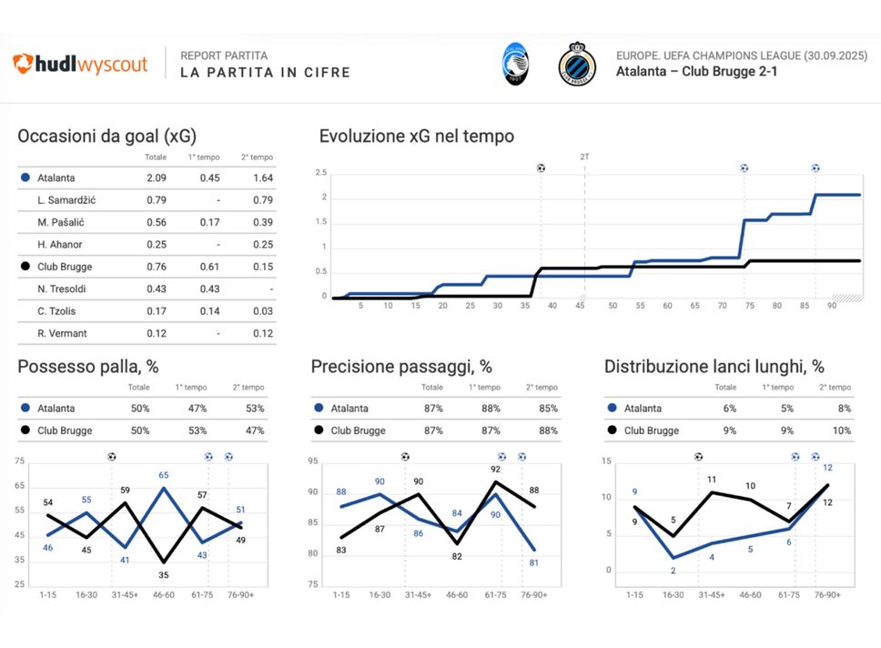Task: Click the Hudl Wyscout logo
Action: pyautogui.click(x=80, y=65)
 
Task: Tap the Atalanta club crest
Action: pyautogui.click(x=517, y=65)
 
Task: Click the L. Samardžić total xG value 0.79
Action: pyautogui.click(x=156, y=200)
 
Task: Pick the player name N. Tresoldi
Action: pyautogui.click(x=63, y=289)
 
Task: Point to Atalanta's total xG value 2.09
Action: pyautogui.click(x=156, y=178)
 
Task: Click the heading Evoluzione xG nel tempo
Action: pyautogui.click(x=417, y=137)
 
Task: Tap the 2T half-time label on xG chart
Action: pyautogui.click(x=584, y=157)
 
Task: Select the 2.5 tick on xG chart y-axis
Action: pyautogui.click(x=320, y=173)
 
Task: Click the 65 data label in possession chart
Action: pyautogui.click(x=163, y=475)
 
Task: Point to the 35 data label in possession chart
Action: pyautogui.click(x=163, y=575)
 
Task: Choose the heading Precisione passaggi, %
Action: pyautogui.click(x=401, y=367)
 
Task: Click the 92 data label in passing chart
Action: pyautogui.click(x=496, y=470)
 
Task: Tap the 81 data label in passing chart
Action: pyautogui.click(x=534, y=562)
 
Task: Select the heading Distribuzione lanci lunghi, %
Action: pyautogui.click(x=714, y=367)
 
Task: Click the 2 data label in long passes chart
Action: pyautogui.click(x=673, y=571)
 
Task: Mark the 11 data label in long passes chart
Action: pyautogui.click(x=712, y=480)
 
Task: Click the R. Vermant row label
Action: pyautogui.click(x=63, y=334)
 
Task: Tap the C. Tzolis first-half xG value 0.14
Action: pyautogui.click(x=209, y=311)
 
